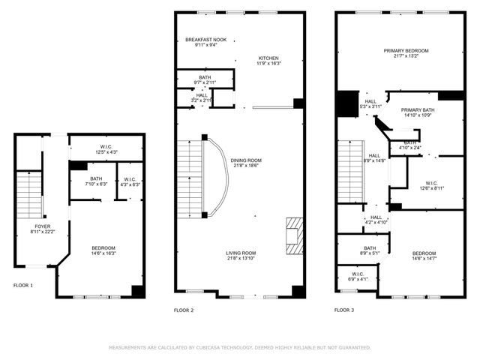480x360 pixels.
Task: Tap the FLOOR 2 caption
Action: click(x=184, y=310)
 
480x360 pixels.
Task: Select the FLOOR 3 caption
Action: click(x=344, y=310)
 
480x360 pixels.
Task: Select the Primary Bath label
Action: click(x=419, y=112)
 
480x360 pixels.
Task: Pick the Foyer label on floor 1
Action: click(x=42, y=228)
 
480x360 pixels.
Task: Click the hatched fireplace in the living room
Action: click(x=294, y=236)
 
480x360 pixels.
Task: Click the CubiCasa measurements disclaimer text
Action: click(x=240, y=348)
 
